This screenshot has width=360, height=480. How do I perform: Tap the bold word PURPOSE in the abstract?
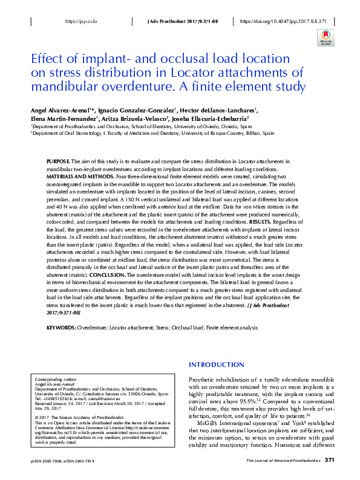coord(58,163)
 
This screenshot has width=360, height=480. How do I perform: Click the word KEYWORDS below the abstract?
coord(61,327)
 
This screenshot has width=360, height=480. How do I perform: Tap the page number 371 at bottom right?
coord(329,461)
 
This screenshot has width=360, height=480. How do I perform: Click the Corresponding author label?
coord(54,376)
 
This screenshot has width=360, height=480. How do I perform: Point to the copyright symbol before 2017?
coord(38,417)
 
